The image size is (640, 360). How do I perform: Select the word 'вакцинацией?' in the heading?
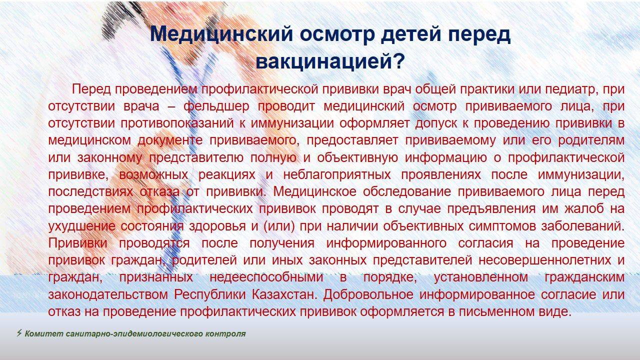[x=330, y=61]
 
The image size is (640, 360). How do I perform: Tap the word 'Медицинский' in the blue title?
[x=221, y=34]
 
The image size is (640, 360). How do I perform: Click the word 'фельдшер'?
[x=216, y=106]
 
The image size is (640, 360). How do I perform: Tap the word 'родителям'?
[x=591, y=140]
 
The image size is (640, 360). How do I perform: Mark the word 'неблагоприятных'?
[x=337, y=175]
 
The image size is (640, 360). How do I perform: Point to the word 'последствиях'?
[x=90, y=192]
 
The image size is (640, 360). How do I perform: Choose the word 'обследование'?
[x=407, y=191]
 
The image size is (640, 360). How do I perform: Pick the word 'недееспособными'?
[x=266, y=277]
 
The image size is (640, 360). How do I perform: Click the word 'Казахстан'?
[x=284, y=294]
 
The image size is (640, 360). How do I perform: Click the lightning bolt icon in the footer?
[x=19, y=333]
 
